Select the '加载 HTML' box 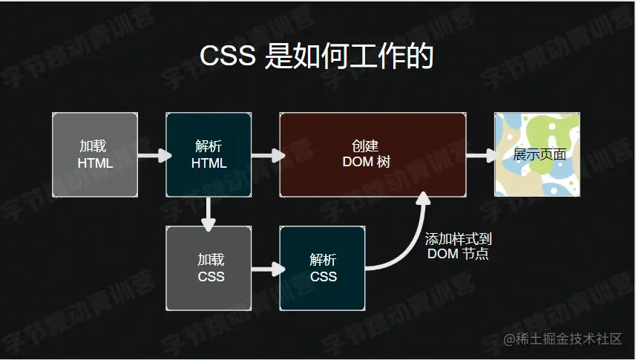tap(95, 154)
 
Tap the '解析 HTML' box tap(209, 154)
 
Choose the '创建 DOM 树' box tap(373, 154)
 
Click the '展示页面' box tap(537, 154)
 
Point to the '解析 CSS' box tap(322, 268)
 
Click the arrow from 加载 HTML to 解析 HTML tap(152, 156)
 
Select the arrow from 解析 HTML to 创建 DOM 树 tap(266, 155)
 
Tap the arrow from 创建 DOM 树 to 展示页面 tap(480, 155)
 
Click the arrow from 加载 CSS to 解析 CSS tap(266, 269)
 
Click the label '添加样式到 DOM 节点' tap(458, 246)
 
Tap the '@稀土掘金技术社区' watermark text tap(563, 339)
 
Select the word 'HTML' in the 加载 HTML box tap(95, 163)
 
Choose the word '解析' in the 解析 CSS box tap(323, 260)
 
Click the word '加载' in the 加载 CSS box tap(211, 260)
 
